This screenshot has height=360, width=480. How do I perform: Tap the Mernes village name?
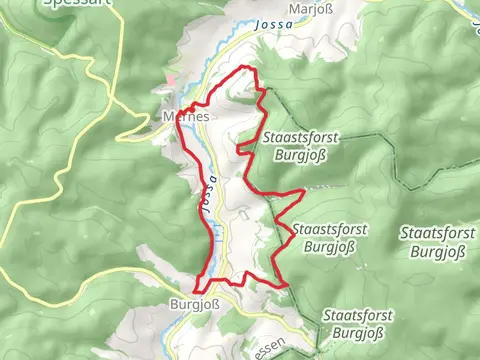185,116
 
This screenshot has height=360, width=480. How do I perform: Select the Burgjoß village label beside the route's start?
194,307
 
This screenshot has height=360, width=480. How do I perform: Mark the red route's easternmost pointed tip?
303,188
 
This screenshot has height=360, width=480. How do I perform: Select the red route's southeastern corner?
288,285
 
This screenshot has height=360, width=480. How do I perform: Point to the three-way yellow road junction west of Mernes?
113,100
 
